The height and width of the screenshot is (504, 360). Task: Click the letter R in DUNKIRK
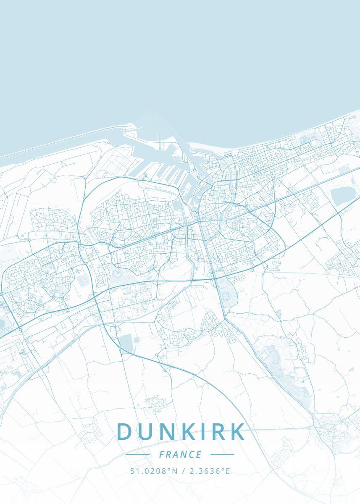(218, 432)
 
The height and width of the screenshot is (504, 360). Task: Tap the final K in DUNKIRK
(238, 432)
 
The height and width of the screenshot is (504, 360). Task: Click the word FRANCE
(180, 454)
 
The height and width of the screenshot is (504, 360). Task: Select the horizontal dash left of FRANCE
(137, 454)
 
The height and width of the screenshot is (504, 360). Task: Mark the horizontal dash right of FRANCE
(222, 454)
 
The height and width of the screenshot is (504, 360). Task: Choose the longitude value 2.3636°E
(210, 471)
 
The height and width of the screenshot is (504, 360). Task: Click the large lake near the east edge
(343, 196)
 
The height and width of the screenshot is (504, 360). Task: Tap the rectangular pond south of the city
(126, 342)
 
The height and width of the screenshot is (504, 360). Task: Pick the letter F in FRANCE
(162, 454)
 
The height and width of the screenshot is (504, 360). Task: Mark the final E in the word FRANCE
(199, 454)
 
